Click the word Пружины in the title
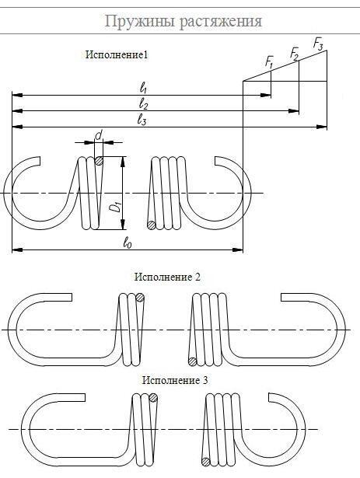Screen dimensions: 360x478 140,22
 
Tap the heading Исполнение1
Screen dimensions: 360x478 117,55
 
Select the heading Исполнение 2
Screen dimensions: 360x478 167,277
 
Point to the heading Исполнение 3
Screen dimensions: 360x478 175,380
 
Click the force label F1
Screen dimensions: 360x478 269,62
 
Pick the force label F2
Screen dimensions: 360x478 294,54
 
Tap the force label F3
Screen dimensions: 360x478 318,44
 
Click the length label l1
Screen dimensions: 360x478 143,89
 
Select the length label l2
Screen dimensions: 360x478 143,104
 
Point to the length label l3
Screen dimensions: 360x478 142,120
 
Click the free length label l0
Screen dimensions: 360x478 128,243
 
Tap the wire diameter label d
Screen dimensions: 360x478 98,134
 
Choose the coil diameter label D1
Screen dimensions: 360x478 115,207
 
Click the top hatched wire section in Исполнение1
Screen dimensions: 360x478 99,161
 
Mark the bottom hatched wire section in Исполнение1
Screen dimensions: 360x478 151,225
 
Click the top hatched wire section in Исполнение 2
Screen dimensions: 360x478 140,298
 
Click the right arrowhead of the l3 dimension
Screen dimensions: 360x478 321,127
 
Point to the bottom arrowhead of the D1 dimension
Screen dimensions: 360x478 123,224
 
